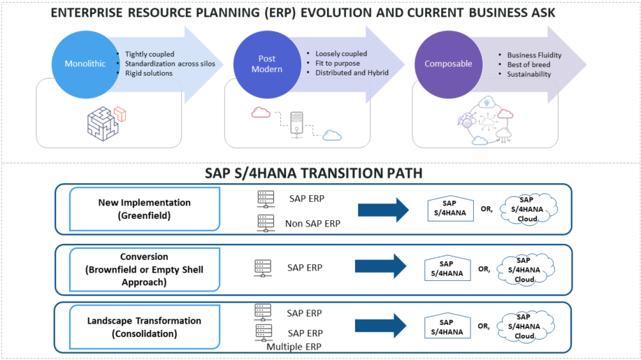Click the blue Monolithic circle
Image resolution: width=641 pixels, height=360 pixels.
click(85, 64)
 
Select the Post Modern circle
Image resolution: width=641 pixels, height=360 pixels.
click(266, 64)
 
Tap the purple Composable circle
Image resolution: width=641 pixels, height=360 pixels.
click(448, 64)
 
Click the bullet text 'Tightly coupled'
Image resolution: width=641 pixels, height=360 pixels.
click(150, 54)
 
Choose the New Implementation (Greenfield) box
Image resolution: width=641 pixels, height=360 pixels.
click(134, 208)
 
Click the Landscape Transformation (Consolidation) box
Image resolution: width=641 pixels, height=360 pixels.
click(134, 327)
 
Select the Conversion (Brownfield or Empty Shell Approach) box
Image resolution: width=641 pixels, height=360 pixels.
click(134, 269)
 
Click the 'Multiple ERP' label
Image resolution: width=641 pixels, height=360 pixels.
click(294, 347)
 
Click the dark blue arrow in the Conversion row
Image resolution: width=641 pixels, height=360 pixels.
click(381, 266)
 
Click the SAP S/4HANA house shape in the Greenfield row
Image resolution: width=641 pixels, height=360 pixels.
click(447, 209)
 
